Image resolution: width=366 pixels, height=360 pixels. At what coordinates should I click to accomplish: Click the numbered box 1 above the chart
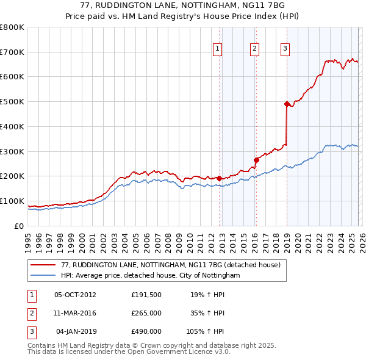[x=218, y=50]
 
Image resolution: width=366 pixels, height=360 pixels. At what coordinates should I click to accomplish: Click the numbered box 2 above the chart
[x=254, y=50]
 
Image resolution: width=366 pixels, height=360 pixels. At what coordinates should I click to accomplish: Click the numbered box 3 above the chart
[x=285, y=50]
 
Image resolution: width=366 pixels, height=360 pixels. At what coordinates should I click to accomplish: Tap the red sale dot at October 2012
[x=220, y=178]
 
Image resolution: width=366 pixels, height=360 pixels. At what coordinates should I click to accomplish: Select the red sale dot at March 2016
[x=256, y=160]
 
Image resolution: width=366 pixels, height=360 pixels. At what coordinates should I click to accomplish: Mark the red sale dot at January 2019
[x=287, y=104]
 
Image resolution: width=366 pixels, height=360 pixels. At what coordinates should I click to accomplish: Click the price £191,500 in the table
[x=146, y=295]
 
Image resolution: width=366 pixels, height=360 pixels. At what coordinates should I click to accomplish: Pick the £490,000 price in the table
[x=146, y=331]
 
